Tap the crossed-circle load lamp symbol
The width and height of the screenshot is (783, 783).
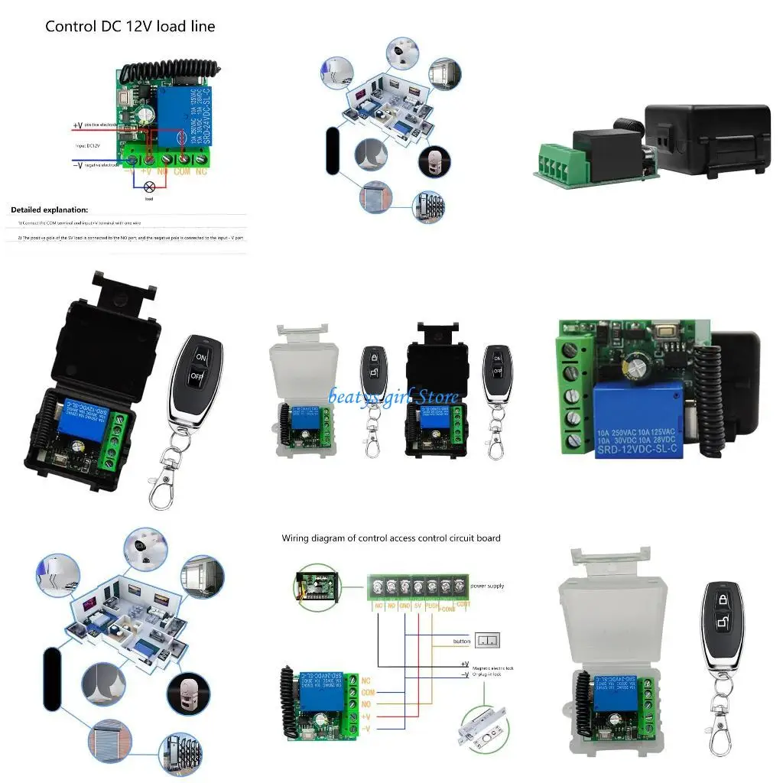tap(150, 186)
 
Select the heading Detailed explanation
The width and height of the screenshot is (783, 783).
tap(50, 210)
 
